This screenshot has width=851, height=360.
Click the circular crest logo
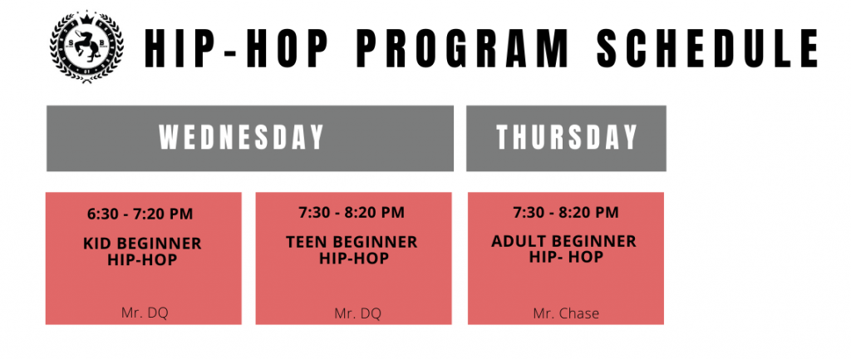point(86,47)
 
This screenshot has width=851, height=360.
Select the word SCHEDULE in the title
point(708,48)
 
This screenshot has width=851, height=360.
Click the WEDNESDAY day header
point(242,138)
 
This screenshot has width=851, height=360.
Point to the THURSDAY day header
point(566,138)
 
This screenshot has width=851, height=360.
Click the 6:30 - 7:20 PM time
point(140,214)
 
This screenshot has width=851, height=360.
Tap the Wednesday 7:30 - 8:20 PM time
point(352,212)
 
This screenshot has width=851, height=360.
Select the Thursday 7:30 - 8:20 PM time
point(565,212)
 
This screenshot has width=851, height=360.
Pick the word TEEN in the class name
point(306,242)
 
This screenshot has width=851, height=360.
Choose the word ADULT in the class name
point(516,241)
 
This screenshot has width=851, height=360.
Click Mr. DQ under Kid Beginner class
point(144,313)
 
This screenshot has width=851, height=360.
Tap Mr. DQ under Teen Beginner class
point(357,313)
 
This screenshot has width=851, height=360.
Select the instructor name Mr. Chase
point(566,313)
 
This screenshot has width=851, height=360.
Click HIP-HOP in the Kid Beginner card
point(142,259)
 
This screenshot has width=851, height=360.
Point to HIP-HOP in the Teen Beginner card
point(354,258)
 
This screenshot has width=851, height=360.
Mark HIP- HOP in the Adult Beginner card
point(566,257)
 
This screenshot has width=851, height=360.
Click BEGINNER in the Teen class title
point(374,242)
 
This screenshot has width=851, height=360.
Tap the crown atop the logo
point(86,19)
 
